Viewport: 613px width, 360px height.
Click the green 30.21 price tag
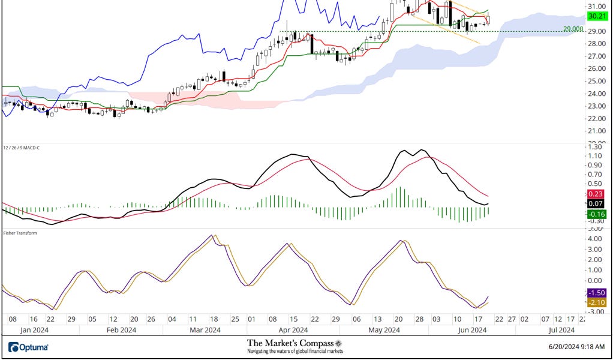point(596,16)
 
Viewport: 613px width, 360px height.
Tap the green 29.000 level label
point(574,29)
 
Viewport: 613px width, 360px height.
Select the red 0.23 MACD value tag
point(596,194)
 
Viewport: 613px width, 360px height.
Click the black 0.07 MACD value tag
point(596,204)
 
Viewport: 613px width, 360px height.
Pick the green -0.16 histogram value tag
point(596,214)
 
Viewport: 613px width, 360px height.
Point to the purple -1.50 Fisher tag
point(596,292)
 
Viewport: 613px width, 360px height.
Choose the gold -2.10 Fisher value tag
point(596,302)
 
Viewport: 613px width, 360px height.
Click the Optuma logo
point(29,347)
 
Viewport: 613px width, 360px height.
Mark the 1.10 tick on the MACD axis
point(595,156)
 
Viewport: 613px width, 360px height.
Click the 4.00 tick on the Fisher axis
point(595,239)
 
